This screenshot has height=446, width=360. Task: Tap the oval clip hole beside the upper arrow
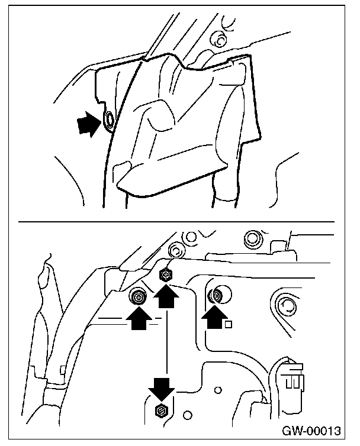coord(110,121)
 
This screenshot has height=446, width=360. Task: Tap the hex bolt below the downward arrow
coord(160,410)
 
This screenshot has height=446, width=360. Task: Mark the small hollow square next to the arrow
coord(229,324)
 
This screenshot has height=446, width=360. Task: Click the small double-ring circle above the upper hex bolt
coord(175,247)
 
